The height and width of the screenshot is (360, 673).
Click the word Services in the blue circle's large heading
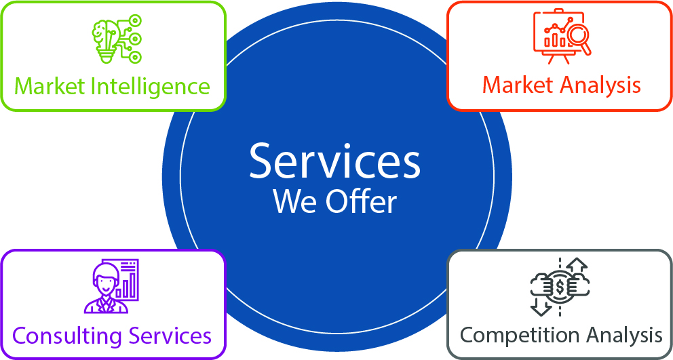tap(334, 161)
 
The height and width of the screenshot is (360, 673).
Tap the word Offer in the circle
tap(362, 201)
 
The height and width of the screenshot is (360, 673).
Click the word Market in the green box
tap(47, 87)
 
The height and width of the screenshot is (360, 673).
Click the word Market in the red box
tap(519, 85)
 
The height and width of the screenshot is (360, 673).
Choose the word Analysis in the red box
tap(601, 85)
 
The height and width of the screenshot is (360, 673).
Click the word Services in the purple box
tap(170, 336)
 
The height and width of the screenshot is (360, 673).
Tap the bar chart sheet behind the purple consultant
tap(126, 279)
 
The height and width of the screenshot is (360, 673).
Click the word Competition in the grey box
tap(512, 335)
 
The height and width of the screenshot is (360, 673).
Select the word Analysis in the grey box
tap(622, 335)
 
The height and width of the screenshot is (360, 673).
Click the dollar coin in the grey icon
tap(560, 287)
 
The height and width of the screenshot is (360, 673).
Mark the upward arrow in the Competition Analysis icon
tap(577, 266)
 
